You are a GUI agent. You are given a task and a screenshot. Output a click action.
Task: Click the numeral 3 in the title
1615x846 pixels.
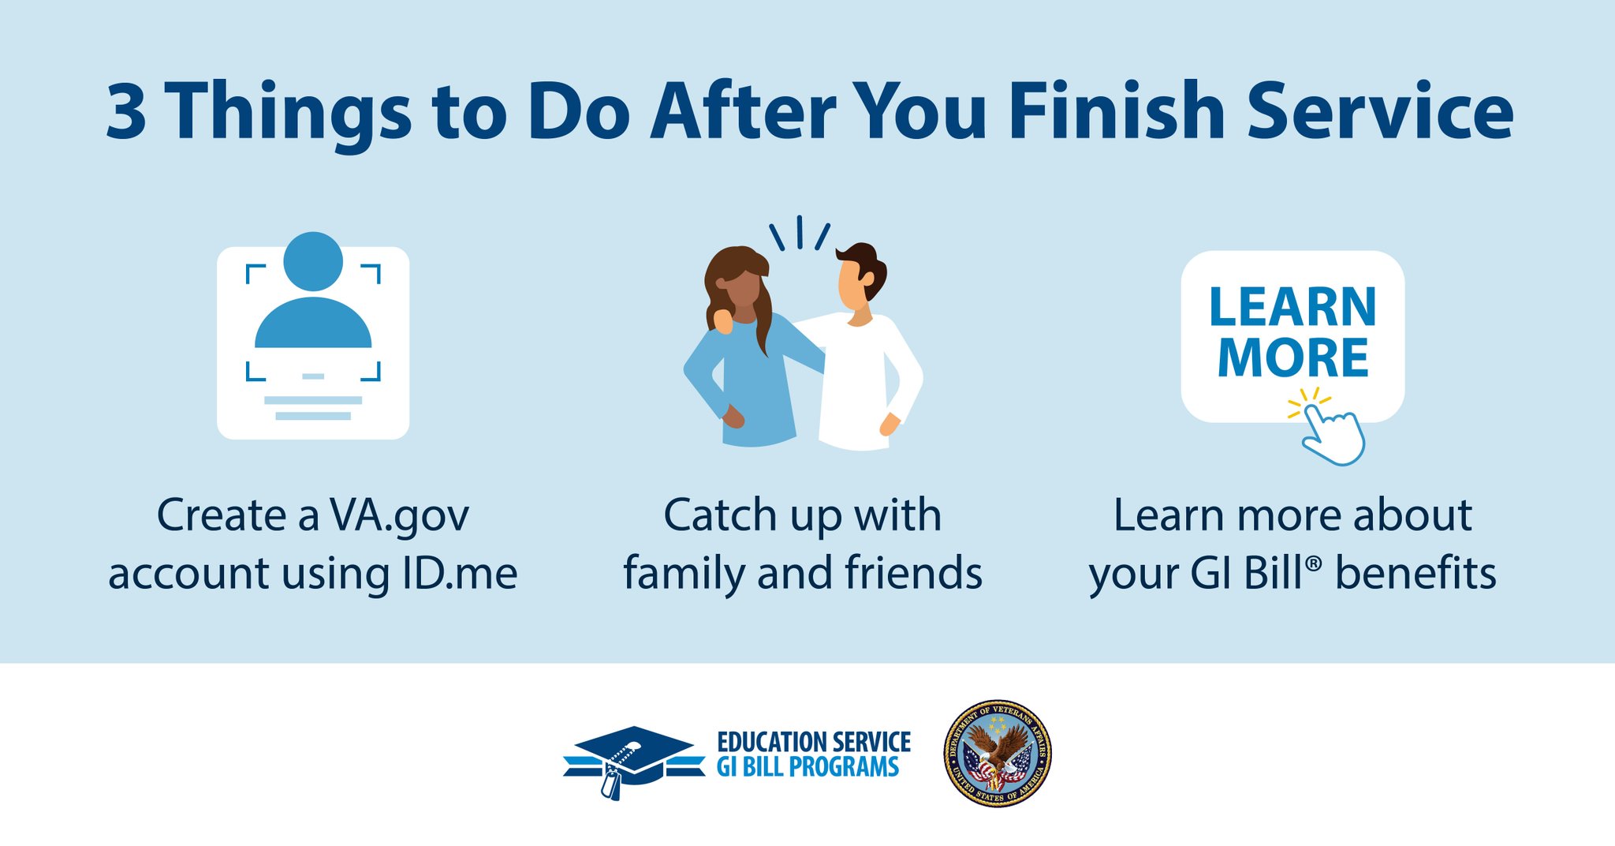[x=126, y=112]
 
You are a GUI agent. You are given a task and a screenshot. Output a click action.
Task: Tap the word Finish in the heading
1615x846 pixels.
[x=1116, y=112]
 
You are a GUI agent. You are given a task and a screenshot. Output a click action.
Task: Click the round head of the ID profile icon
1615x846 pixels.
[x=313, y=261]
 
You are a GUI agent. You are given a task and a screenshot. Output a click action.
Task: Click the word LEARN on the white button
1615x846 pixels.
[x=1292, y=307]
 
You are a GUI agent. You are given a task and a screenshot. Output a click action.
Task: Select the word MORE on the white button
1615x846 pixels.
[x=1292, y=358]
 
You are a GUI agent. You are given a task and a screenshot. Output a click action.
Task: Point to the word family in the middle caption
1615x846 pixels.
[x=683, y=574]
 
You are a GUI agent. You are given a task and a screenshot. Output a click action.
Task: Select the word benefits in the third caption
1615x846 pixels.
[x=1415, y=574]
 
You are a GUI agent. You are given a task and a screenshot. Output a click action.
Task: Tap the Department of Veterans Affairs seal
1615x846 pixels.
[x=998, y=754]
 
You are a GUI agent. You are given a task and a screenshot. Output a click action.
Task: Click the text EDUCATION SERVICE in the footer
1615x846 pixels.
[x=813, y=742]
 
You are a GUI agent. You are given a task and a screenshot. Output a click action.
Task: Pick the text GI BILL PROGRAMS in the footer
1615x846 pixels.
[x=807, y=767]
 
